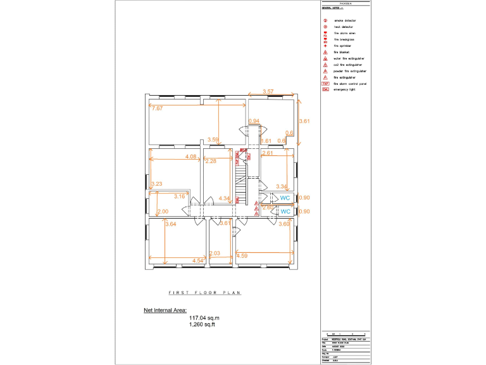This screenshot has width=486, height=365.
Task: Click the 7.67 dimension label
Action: click(158, 108)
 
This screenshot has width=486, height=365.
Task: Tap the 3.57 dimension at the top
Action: click(268, 93)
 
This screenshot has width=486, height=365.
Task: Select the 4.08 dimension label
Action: click(190, 157)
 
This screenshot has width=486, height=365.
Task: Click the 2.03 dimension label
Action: click(215, 253)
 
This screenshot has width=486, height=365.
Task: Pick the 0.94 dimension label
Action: click(254, 120)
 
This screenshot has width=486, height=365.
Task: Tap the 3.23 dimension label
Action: click(157, 184)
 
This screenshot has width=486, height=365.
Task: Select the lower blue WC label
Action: click(285, 211)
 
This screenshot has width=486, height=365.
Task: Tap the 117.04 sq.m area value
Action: click(202, 318)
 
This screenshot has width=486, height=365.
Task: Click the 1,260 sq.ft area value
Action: click(202, 324)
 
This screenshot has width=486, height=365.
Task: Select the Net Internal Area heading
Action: click(165, 311)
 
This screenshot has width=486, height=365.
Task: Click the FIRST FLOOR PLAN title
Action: click(205, 293)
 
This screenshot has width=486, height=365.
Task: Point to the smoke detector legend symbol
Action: click(325, 21)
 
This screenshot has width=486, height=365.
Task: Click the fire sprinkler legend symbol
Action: click(325, 46)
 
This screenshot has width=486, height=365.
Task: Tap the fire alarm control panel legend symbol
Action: click(325, 83)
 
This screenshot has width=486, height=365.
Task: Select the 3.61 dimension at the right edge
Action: click(304, 120)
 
